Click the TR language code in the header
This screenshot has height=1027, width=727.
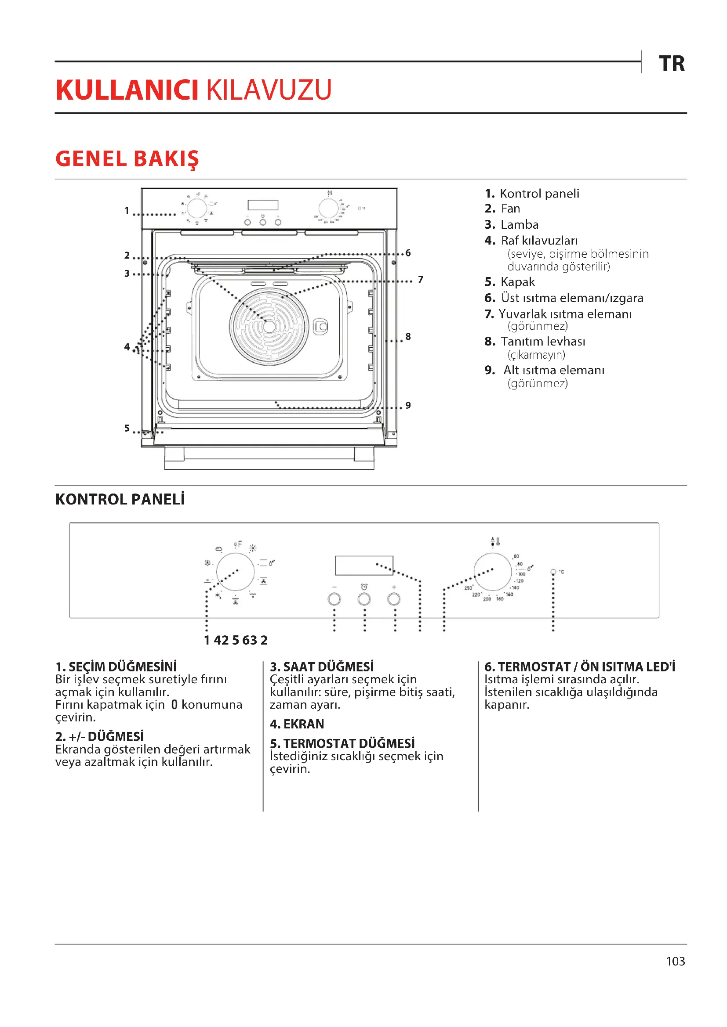pos(672,64)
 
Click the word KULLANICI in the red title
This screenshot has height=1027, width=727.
pos(127,90)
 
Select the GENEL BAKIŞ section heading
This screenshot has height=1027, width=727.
pos(127,159)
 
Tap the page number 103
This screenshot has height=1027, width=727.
pos(675,961)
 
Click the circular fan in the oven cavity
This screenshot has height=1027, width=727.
pos(269,326)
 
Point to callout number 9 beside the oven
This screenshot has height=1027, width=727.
pos(408,405)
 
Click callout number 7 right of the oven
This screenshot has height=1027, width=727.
pos(420,280)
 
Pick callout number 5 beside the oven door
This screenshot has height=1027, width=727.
pos(127,428)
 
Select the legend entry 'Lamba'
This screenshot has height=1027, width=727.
pos(519,224)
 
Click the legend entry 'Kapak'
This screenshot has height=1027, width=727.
pos(517,282)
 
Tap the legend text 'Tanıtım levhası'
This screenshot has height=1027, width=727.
pos(542,341)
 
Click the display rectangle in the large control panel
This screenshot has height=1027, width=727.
pos(364,566)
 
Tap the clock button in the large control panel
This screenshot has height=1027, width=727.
pos(364,599)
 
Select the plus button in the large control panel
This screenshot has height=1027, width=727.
pos(393,599)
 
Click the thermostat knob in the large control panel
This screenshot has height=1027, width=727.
pos(492,572)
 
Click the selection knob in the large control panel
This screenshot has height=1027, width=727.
pos(236,572)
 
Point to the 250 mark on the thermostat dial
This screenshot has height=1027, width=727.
pos(468,588)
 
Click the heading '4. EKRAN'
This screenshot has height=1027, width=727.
pos(297,724)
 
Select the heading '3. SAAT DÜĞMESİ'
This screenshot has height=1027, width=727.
pos(321,667)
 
